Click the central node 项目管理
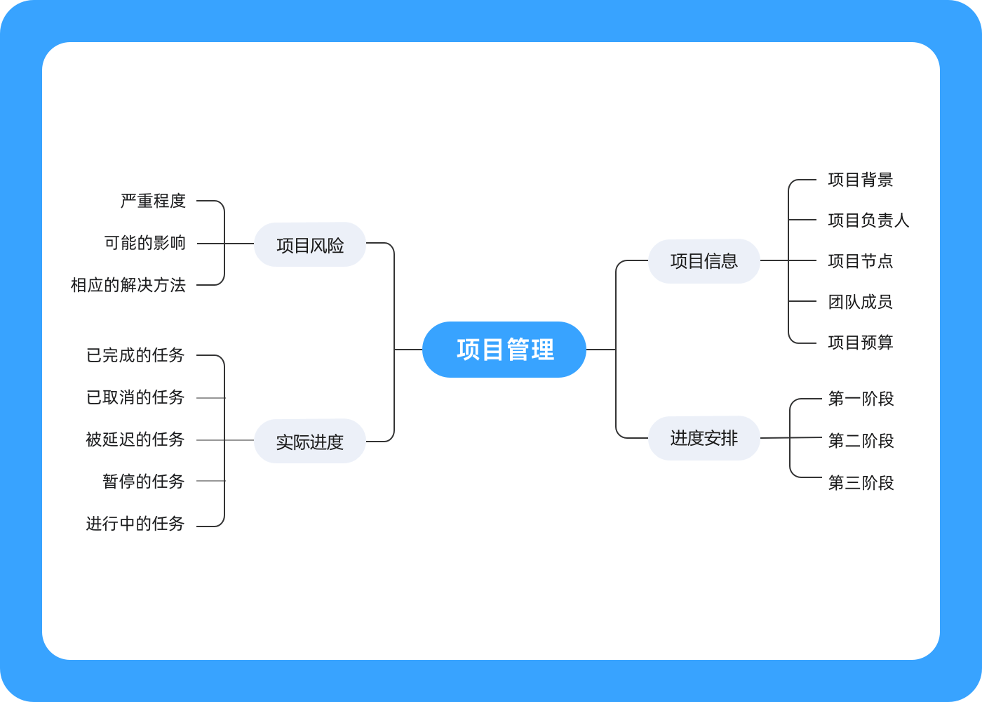(504, 350)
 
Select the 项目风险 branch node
(310, 245)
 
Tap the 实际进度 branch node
(310, 442)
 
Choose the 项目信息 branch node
(704, 261)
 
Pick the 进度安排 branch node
(704, 438)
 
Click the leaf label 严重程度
(153, 201)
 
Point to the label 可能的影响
(145, 243)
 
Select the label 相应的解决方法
(128, 285)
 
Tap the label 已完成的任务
(135, 355)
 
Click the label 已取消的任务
(135, 397)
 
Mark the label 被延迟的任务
(135, 439)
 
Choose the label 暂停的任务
(144, 482)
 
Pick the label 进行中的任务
(135, 524)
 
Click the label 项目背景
(861, 180)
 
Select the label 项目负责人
(868, 220)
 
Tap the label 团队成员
(861, 302)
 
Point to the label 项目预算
(861, 343)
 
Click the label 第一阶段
(861, 399)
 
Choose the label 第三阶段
(861, 483)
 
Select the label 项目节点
(861, 261)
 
